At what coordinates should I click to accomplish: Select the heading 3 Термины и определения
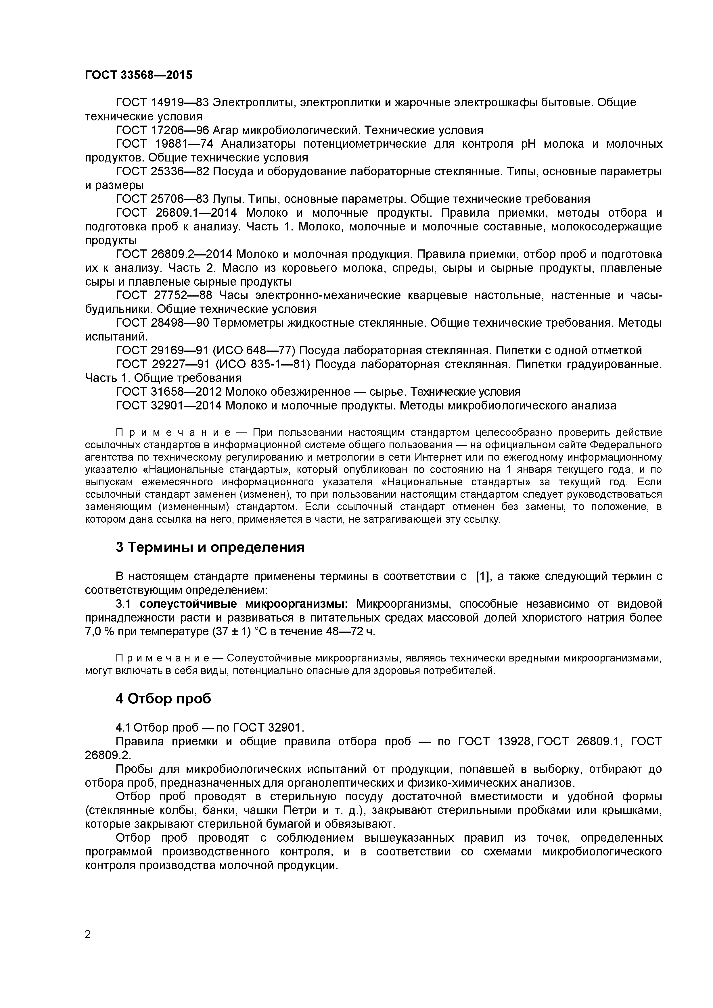point(210,547)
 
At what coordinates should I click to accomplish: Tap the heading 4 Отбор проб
point(163,699)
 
